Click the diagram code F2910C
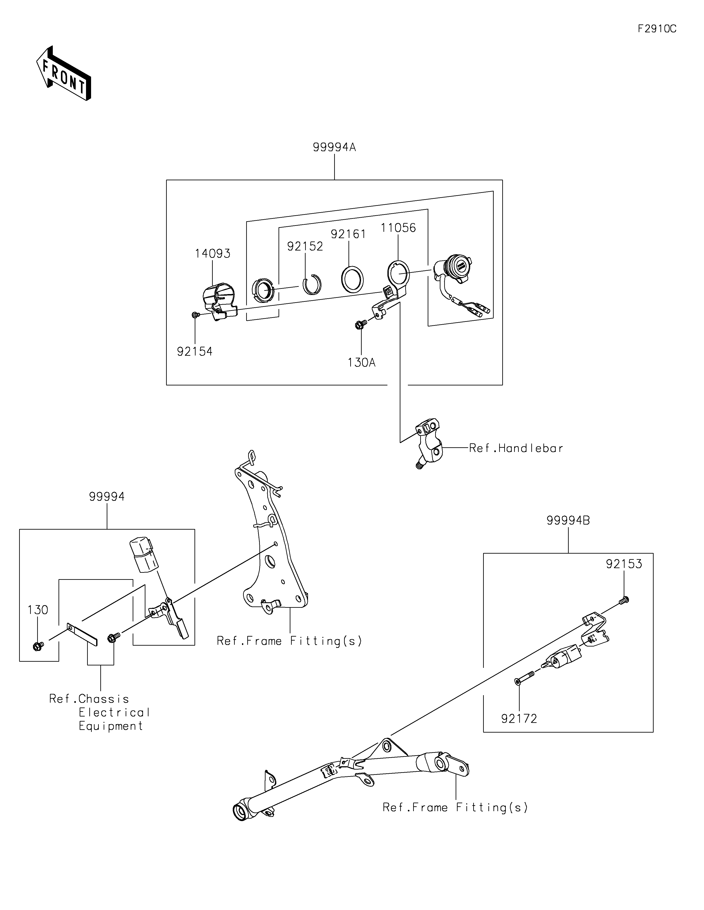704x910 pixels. [657, 29]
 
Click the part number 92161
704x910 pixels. [348, 234]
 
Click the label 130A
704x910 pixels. [361, 363]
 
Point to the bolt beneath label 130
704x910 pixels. [38, 646]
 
